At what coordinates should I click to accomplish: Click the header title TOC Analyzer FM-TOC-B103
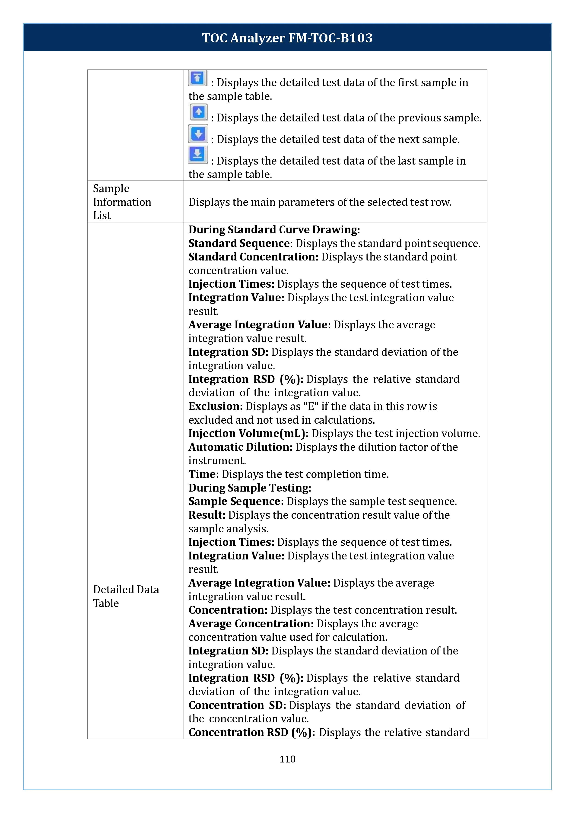tap(287, 38)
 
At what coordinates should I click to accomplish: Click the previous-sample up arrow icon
tap(199, 112)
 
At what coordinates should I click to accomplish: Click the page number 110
tap(287, 759)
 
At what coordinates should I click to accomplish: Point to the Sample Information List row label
tap(122, 202)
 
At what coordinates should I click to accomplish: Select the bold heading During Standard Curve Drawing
tap(274, 230)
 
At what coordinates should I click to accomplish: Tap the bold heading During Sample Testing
tap(250, 488)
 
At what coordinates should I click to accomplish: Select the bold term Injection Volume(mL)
tap(248, 433)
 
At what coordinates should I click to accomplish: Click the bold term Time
tap(203, 474)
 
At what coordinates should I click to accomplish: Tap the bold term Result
tap(207, 515)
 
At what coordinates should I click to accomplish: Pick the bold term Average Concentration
tap(251, 624)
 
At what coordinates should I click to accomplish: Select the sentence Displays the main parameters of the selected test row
tap(320, 202)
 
